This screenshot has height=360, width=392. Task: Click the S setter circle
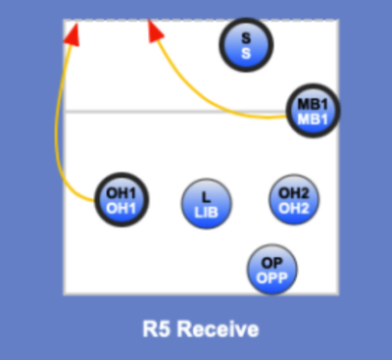tap(247, 44)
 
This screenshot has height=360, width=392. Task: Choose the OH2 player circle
tap(293, 199)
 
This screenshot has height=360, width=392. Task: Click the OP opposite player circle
tap(270, 269)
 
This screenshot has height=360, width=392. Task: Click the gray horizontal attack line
tap(176, 112)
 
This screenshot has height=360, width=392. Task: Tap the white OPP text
tap(270, 277)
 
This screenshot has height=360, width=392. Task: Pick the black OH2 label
tap(293, 192)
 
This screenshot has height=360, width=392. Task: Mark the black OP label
tap(270, 262)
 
